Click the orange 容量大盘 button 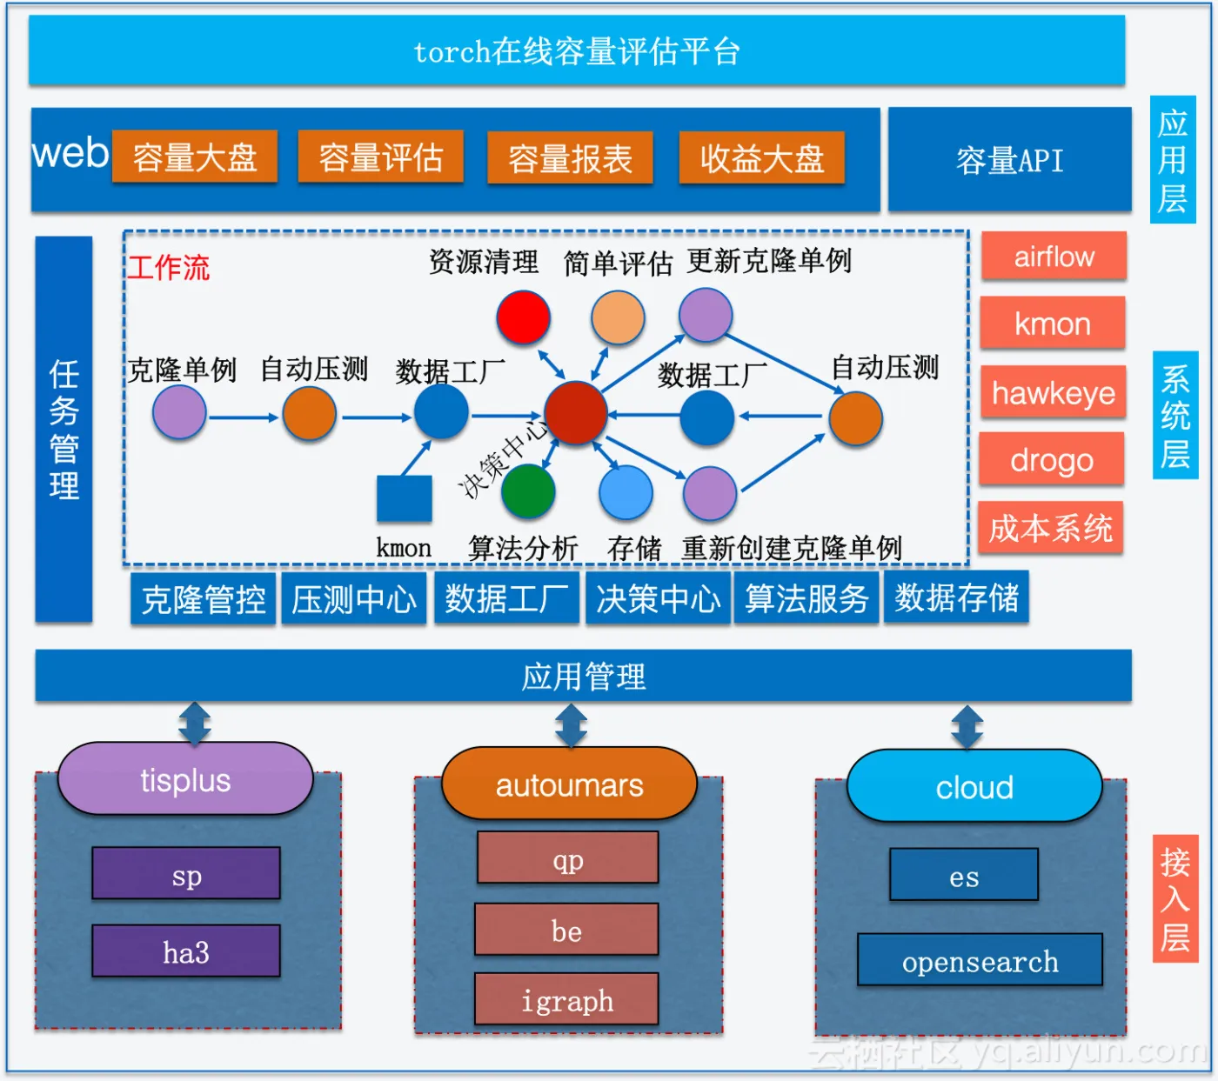(195, 157)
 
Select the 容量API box (1009, 160)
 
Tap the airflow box (1054, 257)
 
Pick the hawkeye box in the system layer (1053, 393)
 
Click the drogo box (1051, 460)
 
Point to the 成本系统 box (1050, 528)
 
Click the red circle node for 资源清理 (523, 317)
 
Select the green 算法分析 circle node (528, 490)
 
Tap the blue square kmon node (404, 499)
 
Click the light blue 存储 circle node (626, 492)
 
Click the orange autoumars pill (569, 784)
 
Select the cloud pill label (974, 787)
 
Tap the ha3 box (186, 951)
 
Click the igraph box (566, 1000)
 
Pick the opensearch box (980, 961)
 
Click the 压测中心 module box (353, 599)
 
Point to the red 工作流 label (169, 267)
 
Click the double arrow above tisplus (194, 724)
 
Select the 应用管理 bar (583, 676)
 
